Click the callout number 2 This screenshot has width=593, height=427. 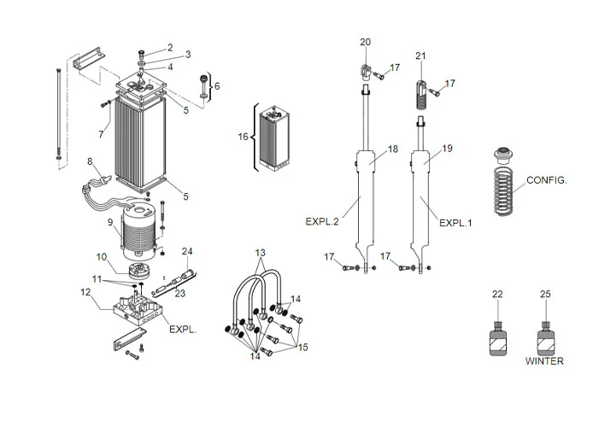coord(169,47)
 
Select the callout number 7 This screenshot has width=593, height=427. coord(101,133)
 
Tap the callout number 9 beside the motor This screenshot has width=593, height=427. coord(110,223)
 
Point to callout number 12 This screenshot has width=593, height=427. coord(85,292)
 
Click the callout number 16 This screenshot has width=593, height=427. coord(243,137)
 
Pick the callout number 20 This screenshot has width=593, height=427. coord(366,42)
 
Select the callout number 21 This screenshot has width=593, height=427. coord(420,56)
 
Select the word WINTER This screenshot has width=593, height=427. coord(544,360)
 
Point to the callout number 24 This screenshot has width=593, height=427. coord(187,251)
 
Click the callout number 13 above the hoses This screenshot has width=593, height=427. coord(261,253)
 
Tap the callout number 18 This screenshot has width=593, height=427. coord(393,149)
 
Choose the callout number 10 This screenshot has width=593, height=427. coord(101,256)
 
